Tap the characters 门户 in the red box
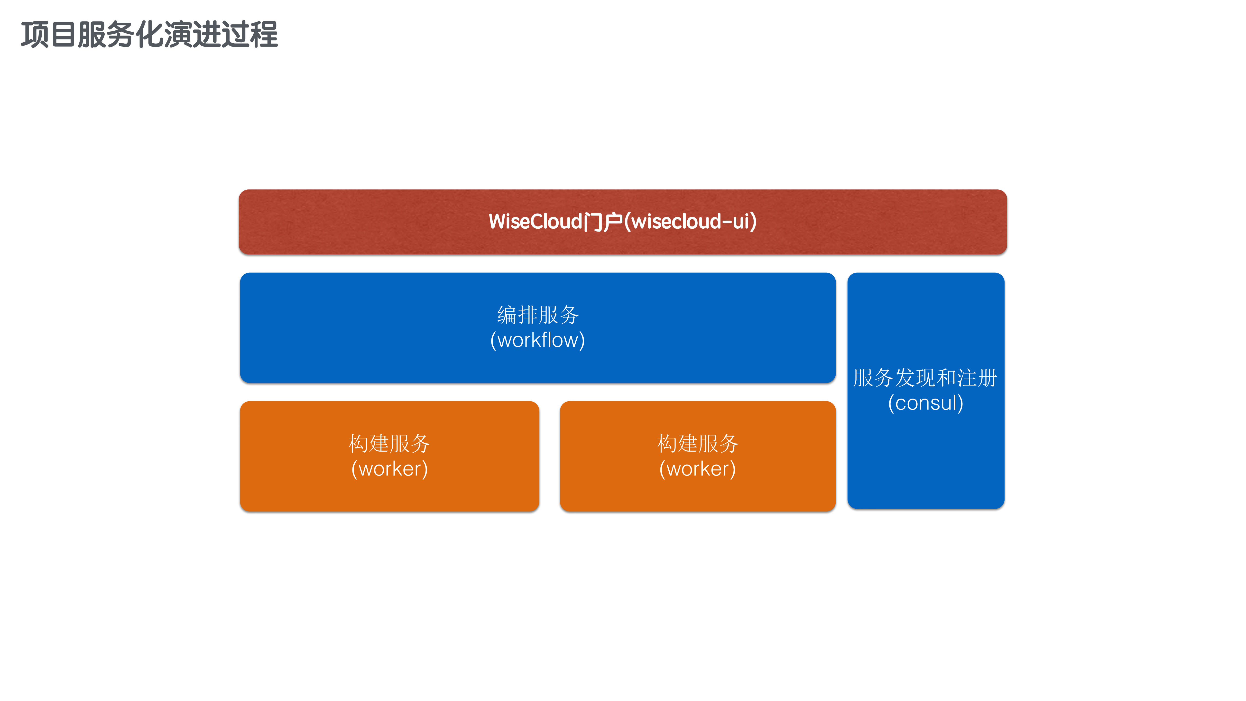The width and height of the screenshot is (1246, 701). point(603,222)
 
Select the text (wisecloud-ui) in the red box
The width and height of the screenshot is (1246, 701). point(690,222)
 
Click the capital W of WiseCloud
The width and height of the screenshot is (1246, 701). point(497,222)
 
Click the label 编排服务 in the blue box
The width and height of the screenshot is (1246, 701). point(538,315)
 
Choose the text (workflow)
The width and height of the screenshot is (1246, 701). point(538,340)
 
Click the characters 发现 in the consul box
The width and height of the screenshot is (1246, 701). point(915,378)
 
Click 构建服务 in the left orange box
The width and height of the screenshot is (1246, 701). point(389,444)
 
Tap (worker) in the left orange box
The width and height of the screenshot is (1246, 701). point(389,469)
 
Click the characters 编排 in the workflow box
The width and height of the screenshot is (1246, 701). point(517,315)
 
